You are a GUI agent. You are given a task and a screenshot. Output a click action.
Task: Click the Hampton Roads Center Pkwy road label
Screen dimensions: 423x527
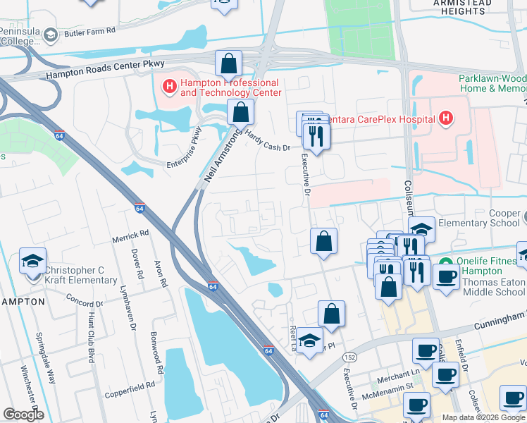tap(105, 68)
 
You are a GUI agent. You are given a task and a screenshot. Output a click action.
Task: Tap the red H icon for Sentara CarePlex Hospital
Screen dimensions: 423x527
tap(445, 118)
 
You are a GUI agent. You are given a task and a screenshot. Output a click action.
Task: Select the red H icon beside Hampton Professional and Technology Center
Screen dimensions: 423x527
tap(169, 87)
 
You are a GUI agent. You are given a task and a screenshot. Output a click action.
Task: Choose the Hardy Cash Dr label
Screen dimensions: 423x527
tap(268, 138)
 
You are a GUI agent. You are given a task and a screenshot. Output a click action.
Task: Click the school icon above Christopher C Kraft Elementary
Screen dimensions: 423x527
tap(33, 261)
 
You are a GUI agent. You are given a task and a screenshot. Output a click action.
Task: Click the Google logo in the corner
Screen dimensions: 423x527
tap(23, 415)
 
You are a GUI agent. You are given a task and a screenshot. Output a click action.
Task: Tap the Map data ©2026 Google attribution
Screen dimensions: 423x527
tap(483, 417)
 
